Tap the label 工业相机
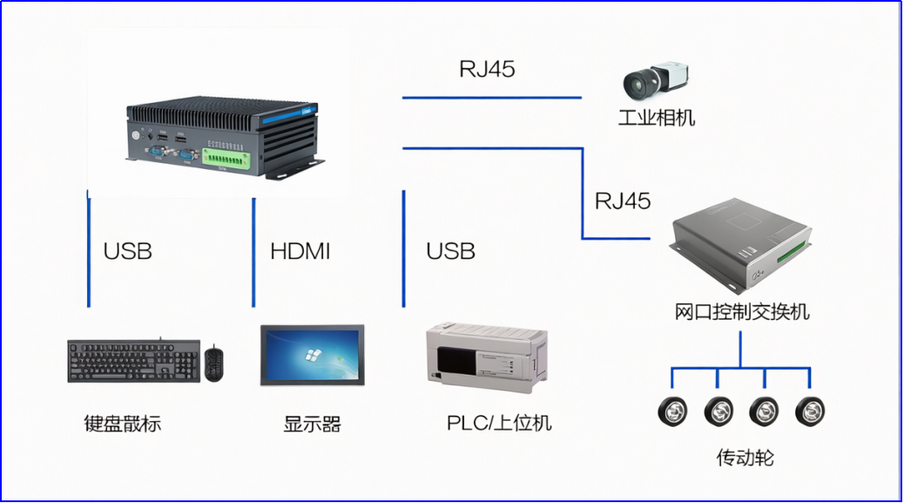tap(657, 118)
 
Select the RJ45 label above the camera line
tap(487, 70)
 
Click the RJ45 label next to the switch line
tap(623, 201)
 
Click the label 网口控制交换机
tap(742, 311)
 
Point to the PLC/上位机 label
tap(499, 424)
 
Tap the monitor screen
tap(312, 355)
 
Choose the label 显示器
tap(312, 425)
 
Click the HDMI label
tap(300, 252)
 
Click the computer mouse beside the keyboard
tap(214, 363)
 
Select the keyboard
tap(133, 360)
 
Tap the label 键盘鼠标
tap(123, 425)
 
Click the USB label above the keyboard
tap(127, 252)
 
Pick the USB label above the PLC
tap(450, 252)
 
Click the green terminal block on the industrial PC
tap(232, 158)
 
